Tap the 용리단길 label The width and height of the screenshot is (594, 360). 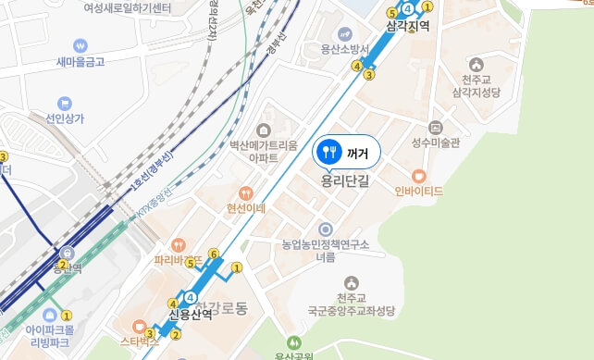[345, 181]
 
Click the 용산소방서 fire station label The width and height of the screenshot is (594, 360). [345, 49]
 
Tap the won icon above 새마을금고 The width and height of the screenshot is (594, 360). [80, 44]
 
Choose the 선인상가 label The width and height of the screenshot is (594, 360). [65, 118]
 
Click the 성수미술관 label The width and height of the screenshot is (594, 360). [436, 143]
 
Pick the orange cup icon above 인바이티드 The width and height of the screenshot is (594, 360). [419, 175]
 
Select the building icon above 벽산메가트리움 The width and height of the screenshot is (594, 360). [264, 130]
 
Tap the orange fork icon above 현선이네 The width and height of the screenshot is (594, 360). [246, 193]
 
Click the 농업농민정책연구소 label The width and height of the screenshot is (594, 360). [326, 244]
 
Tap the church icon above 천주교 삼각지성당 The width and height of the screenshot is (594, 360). [476, 65]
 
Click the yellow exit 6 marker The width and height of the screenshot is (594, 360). [213, 254]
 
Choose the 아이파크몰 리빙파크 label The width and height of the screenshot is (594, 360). [52, 335]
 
